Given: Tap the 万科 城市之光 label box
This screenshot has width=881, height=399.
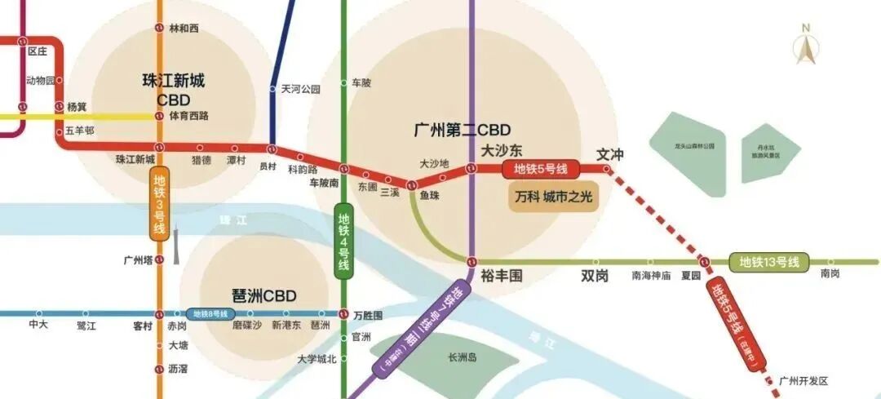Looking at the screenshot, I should click(x=553, y=198).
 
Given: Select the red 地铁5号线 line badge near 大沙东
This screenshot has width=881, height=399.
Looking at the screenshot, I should click(x=541, y=170).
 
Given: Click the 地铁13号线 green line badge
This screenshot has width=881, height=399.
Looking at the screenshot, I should click(x=768, y=262).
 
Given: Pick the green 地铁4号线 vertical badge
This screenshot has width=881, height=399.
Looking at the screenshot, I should click(x=343, y=242).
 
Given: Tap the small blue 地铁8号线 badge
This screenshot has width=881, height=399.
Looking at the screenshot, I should click(x=210, y=313).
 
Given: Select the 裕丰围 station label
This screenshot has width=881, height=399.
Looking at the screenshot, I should click(x=501, y=277).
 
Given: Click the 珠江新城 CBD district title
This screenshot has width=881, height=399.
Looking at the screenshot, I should click(x=173, y=90).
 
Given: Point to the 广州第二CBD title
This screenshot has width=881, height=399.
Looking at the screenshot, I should click(x=462, y=130).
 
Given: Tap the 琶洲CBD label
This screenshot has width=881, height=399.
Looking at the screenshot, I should click(x=264, y=295).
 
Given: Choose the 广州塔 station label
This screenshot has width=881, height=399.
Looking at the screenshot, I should click(x=138, y=260).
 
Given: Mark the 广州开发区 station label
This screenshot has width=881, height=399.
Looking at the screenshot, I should click(x=804, y=381).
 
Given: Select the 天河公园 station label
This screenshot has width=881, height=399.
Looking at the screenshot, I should click(x=301, y=89).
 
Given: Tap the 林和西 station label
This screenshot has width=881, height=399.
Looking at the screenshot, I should click(x=184, y=29).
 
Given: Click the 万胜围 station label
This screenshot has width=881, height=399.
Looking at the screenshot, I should click(x=368, y=315).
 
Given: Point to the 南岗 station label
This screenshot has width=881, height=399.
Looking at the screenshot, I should click(x=830, y=275).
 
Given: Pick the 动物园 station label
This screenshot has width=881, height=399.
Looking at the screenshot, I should click(x=40, y=80).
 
